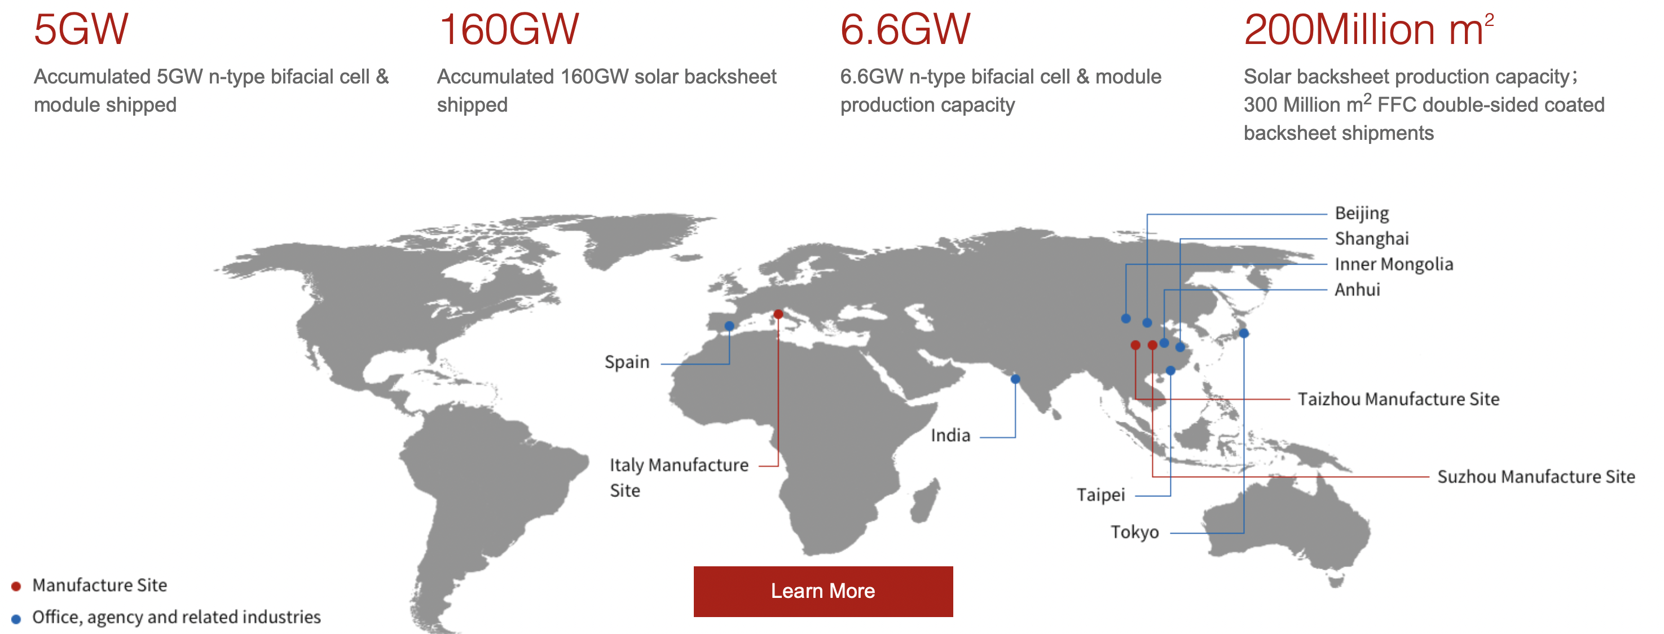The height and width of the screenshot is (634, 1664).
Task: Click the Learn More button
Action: pyautogui.click(x=823, y=591)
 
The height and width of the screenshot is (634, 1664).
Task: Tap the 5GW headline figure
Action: pyautogui.click(x=81, y=30)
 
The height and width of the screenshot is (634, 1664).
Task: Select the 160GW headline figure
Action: pyautogui.click(x=508, y=30)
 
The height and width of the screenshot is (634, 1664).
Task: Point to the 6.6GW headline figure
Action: pyautogui.click(x=905, y=30)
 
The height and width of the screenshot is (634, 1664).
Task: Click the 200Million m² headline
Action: pyautogui.click(x=1369, y=30)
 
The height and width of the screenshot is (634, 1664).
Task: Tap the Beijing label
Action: pyautogui.click(x=1362, y=213)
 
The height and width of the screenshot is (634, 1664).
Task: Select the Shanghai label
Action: pyautogui.click(x=1372, y=239)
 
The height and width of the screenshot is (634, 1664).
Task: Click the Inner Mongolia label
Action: pyautogui.click(x=1394, y=263)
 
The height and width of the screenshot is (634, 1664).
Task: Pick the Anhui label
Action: pyautogui.click(x=1357, y=289)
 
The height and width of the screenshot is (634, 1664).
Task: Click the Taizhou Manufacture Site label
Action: pyautogui.click(x=1398, y=399)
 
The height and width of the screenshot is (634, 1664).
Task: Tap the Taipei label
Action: pyautogui.click(x=1100, y=495)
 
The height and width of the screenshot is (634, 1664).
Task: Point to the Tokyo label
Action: pyautogui.click(x=1134, y=532)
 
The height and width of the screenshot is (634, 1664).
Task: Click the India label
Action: pyautogui.click(x=950, y=435)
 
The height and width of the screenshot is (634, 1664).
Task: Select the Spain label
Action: pyautogui.click(x=627, y=362)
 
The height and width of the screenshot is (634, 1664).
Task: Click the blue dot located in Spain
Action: pyautogui.click(x=729, y=325)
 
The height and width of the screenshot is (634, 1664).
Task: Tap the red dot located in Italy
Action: pyautogui.click(x=778, y=314)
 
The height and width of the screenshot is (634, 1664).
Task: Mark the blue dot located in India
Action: pyautogui.click(x=1015, y=378)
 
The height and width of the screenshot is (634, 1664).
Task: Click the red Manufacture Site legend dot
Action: pyautogui.click(x=16, y=586)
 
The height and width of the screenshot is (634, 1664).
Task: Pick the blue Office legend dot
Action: pyautogui.click(x=16, y=619)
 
